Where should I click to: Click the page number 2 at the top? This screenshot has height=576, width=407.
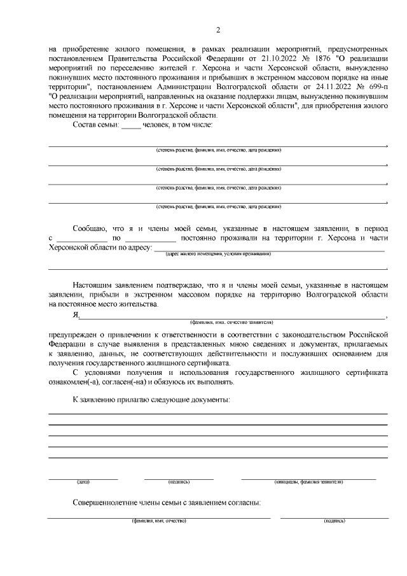click(217, 30)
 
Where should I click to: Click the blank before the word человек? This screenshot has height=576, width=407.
click(131, 125)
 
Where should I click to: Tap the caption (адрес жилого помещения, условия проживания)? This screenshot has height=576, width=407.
click(218, 253)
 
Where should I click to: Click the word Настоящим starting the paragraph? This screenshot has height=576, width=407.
click(93, 285)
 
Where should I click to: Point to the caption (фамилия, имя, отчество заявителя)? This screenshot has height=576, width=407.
click(231, 322)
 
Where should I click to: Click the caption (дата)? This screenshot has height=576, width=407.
click(83, 482)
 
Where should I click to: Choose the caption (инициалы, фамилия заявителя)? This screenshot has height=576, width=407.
click(308, 482)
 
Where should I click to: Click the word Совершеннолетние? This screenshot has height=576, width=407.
click(112, 502)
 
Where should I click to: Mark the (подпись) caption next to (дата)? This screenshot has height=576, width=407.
click(179, 482)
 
